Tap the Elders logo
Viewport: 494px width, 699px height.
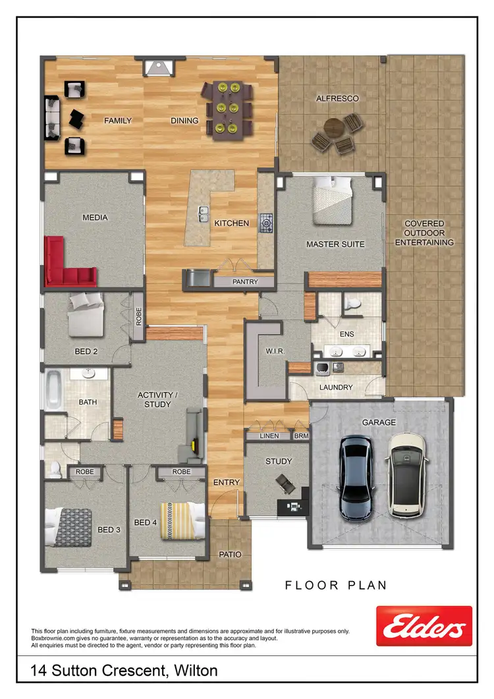coord(424,626)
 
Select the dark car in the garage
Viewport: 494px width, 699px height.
coord(356,476)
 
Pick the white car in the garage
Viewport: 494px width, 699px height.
coord(406,474)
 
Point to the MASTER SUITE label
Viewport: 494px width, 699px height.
coord(335,244)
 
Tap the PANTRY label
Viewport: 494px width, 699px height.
coord(244,282)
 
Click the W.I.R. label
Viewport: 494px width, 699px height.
coord(275,351)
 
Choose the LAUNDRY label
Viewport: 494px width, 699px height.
coord(336,387)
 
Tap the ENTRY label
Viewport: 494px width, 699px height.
coord(227,483)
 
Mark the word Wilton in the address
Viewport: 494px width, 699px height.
coord(196,671)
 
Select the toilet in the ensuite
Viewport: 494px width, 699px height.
coord(353,304)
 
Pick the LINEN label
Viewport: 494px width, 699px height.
coord(269,436)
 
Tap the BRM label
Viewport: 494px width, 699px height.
coord(301,436)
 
